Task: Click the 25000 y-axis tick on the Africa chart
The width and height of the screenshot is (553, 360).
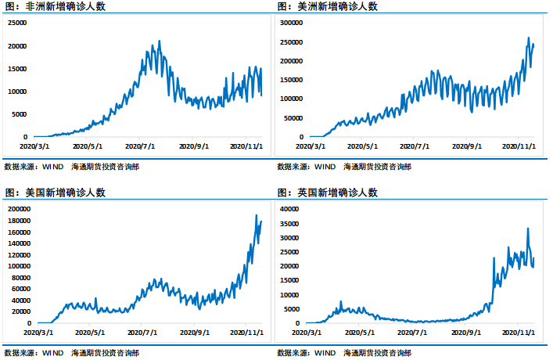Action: (x=17, y=23)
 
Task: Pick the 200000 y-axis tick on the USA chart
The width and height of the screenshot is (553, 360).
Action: (x=16, y=209)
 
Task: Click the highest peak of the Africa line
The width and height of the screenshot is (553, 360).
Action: (x=160, y=41)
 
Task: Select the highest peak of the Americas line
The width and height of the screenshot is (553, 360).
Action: (x=528, y=38)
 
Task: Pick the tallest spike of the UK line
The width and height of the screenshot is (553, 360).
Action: (x=527, y=229)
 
